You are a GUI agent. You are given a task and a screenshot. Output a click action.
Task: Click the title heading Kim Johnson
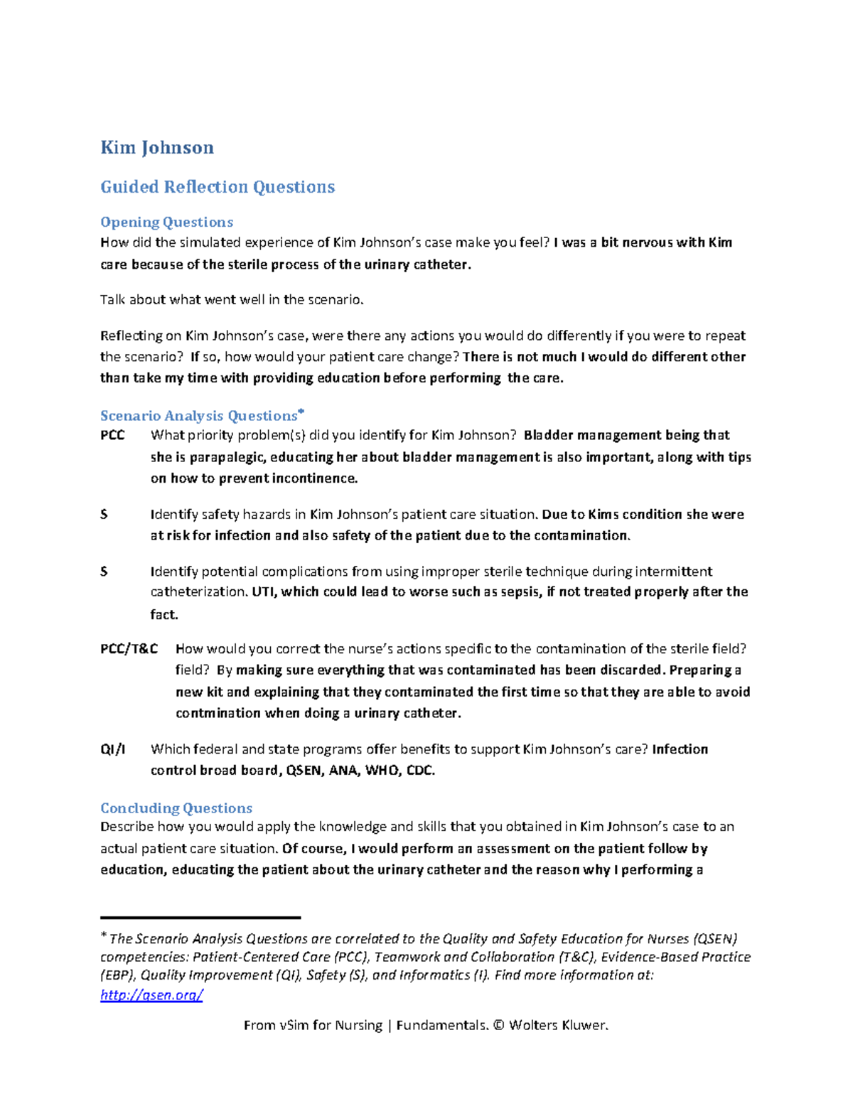coord(157,148)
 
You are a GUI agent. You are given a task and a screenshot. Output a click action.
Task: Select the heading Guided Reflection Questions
coord(218,187)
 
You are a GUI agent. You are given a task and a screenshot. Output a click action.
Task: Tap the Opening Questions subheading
coord(166,223)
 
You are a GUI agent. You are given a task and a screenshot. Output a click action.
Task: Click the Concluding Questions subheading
coord(176,808)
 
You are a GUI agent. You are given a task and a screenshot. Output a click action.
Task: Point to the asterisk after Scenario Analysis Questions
coord(301,412)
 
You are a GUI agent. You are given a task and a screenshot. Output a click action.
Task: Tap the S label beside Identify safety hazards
coord(104,514)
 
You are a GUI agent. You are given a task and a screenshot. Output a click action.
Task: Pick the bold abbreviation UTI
coord(263,592)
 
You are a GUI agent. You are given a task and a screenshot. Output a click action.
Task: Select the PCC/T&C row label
coord(129,649)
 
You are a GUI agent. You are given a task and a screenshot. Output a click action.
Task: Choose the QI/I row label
coord(112,749)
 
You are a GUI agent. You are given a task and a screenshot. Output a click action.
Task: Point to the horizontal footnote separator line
coord(200,918)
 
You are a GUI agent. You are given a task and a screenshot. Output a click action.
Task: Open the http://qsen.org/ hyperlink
coord(151,995)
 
